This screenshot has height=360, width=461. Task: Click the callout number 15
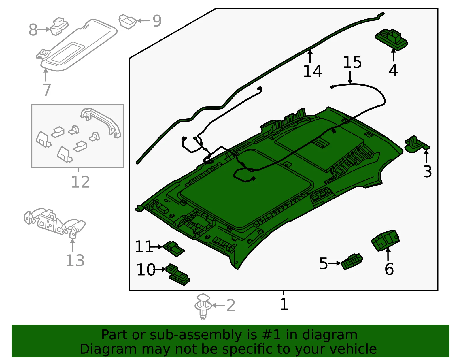352,62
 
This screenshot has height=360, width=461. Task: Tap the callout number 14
313,71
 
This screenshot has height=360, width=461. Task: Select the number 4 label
393,70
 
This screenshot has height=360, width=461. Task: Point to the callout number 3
427,171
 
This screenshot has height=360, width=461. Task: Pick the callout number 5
324,263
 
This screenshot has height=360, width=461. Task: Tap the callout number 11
144,246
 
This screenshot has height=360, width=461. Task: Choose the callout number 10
146,269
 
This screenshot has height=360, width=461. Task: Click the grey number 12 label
80,182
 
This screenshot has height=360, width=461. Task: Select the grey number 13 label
75,260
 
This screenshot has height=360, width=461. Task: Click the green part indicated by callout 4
391,40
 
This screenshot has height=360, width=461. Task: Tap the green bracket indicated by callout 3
417,144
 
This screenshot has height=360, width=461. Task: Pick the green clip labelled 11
173,249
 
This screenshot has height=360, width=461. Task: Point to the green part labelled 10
178,275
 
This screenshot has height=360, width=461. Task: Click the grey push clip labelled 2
203,306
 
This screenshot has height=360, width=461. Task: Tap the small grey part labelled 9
128,21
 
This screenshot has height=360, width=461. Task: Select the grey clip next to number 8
59,26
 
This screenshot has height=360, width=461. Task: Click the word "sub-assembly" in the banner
196,334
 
